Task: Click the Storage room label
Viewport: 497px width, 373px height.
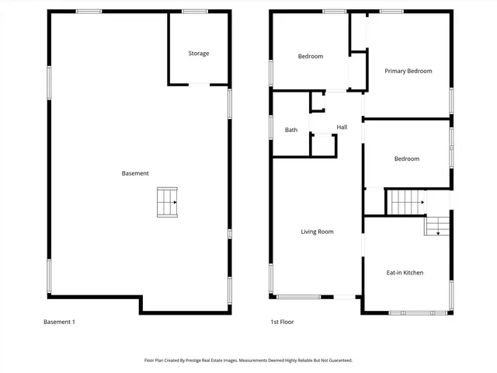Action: (198, 54)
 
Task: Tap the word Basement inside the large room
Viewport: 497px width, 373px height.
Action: (135, 173)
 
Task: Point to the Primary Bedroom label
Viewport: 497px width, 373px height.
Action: (408, 71)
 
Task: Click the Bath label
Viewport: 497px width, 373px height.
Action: (291, 130)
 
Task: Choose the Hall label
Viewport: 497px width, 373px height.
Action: (342, 127)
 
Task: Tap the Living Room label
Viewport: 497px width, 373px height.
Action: (318, 232)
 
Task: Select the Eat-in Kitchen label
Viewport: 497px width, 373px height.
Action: (405, 273)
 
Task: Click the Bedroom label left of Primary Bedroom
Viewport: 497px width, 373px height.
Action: (311, 56)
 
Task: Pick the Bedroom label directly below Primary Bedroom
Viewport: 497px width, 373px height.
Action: (406, 159)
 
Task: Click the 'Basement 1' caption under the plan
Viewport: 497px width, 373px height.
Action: (58, 322)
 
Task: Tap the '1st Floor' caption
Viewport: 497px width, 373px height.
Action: (282, 322)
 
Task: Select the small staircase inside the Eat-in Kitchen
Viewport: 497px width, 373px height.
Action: (436, 226)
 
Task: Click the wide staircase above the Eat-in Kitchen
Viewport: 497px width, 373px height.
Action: (406, 201)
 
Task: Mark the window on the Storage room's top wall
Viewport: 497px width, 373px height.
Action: (194, 12)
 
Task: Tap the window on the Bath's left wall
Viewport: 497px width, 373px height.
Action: (271, 127)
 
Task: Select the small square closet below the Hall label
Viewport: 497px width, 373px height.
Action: (322, 145)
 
